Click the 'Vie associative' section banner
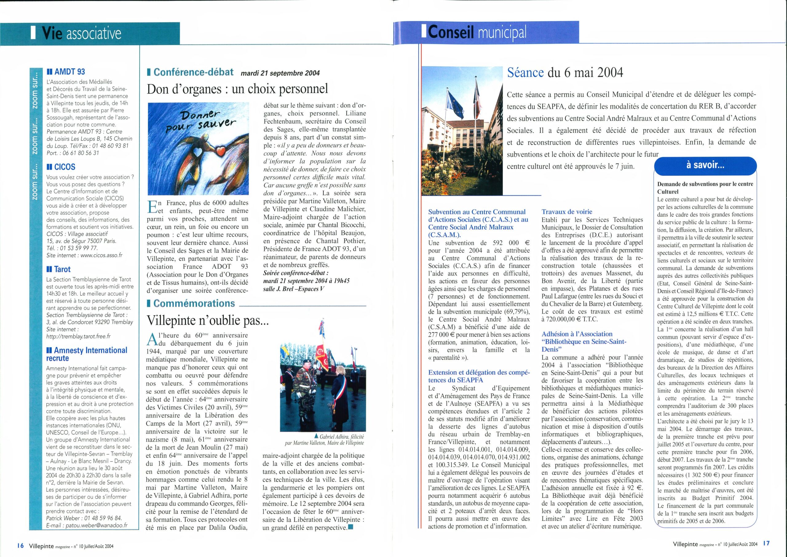pyautogui.click(x=81, y=34)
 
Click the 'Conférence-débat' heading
pyautogui.click(x=193, y=72)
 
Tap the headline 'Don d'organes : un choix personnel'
pyautogui.click(x=237, y=89)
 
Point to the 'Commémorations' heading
pyautogui.click(x=194, y=303)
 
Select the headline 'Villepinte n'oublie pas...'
pyautogui.click(x=208, y=320)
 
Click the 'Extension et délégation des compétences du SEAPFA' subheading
pyautogui.click(x=479, y=376)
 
